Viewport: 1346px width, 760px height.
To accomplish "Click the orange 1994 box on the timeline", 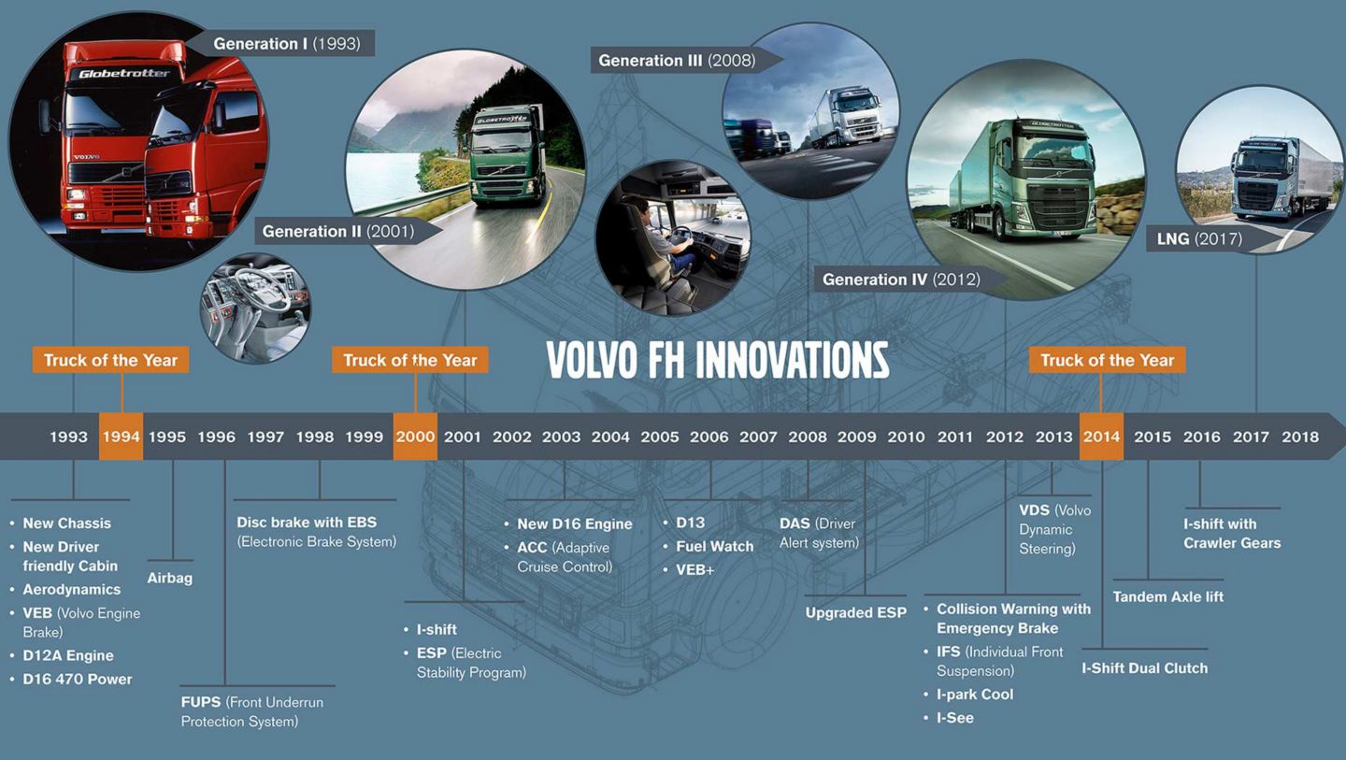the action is tap(121, 437).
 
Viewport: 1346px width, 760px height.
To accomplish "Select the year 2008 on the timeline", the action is tap(808, 437).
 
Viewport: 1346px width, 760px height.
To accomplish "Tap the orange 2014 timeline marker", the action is tap(1101, 437).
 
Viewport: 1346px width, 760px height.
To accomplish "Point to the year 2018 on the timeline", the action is tap(1300, 437).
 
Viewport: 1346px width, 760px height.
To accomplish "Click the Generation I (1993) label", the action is tap(287, 43).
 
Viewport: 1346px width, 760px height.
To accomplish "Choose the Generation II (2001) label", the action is tap(338, 231).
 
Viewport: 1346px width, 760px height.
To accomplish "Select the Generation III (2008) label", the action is tap(677, 60).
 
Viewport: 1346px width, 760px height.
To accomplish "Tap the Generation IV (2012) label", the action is tap(901, 280).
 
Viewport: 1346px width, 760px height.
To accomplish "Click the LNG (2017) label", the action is tap(1199, 238).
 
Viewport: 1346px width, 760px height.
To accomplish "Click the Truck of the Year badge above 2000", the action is tap(410, 360).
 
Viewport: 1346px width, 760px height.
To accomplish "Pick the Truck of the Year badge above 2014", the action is tap(1108, 360).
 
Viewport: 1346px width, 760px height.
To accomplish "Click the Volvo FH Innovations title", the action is tap(718, 361).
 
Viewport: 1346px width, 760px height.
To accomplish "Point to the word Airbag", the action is tap(170, 578).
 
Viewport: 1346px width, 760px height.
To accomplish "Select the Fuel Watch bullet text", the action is tap(714, 546).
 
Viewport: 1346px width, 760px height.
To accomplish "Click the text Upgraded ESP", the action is tap(855, 613).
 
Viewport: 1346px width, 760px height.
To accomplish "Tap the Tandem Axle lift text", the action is tap(1168, 596).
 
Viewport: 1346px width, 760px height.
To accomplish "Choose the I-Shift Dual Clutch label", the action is tap(1145, 668).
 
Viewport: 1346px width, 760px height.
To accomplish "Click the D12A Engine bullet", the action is tap(68, 655).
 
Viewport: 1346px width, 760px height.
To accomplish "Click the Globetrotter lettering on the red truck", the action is tap(123, 73).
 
